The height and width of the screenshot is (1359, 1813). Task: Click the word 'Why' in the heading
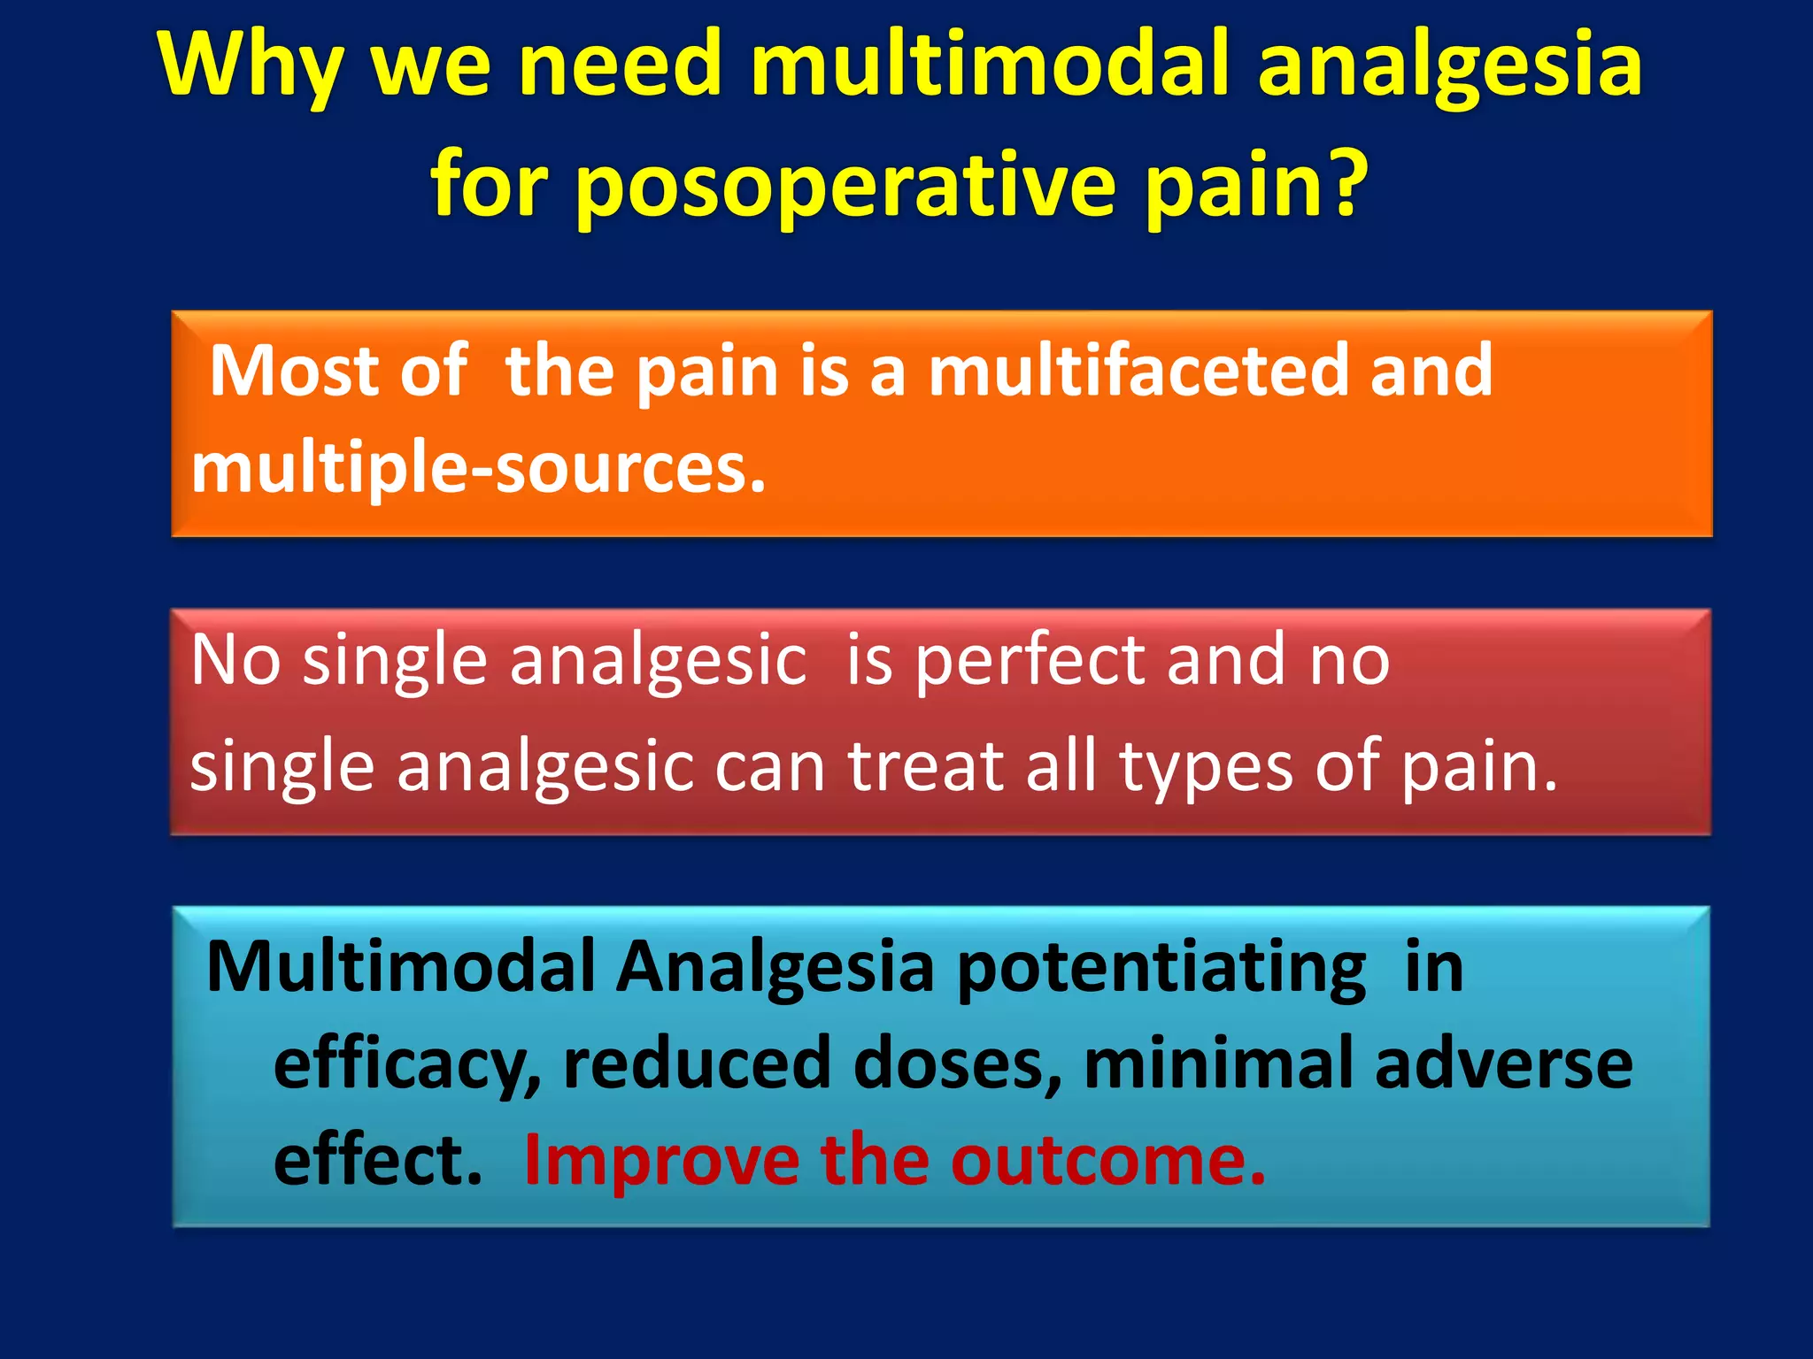(251, 69)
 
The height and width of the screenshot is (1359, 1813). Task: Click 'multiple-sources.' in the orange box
(478, 469)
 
